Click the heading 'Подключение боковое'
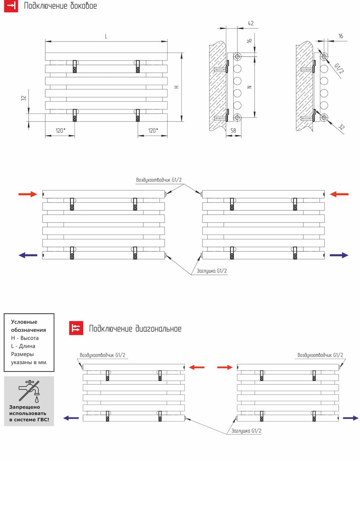(60, 6)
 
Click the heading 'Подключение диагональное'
(135, 329)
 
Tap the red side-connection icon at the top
(11, 6)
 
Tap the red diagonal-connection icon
(76, 328)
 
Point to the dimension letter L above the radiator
(106, 36)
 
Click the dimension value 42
(251, 23)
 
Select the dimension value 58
(233, 131)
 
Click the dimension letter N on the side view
(249, 87)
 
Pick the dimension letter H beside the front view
(176, 87)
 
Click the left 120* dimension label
(60, 131)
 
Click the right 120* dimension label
(153, 131)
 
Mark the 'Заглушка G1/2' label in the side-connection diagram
(212, 271)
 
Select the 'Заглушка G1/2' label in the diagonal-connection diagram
(246, 431)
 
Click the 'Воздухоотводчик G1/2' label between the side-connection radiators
(159, 180)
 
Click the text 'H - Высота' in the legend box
(25, 338)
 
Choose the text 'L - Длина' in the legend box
(23, 346)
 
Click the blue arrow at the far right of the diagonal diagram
(350, 418)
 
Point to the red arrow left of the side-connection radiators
(28, 194)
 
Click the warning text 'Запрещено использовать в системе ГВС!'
(29, 413)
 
